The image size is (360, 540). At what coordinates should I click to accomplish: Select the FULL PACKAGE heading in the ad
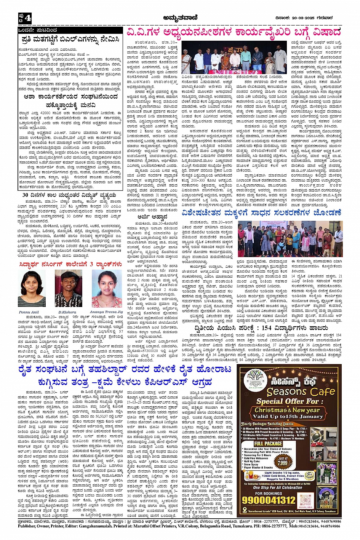point(268,443)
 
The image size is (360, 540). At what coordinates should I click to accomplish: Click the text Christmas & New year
point(287,410)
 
